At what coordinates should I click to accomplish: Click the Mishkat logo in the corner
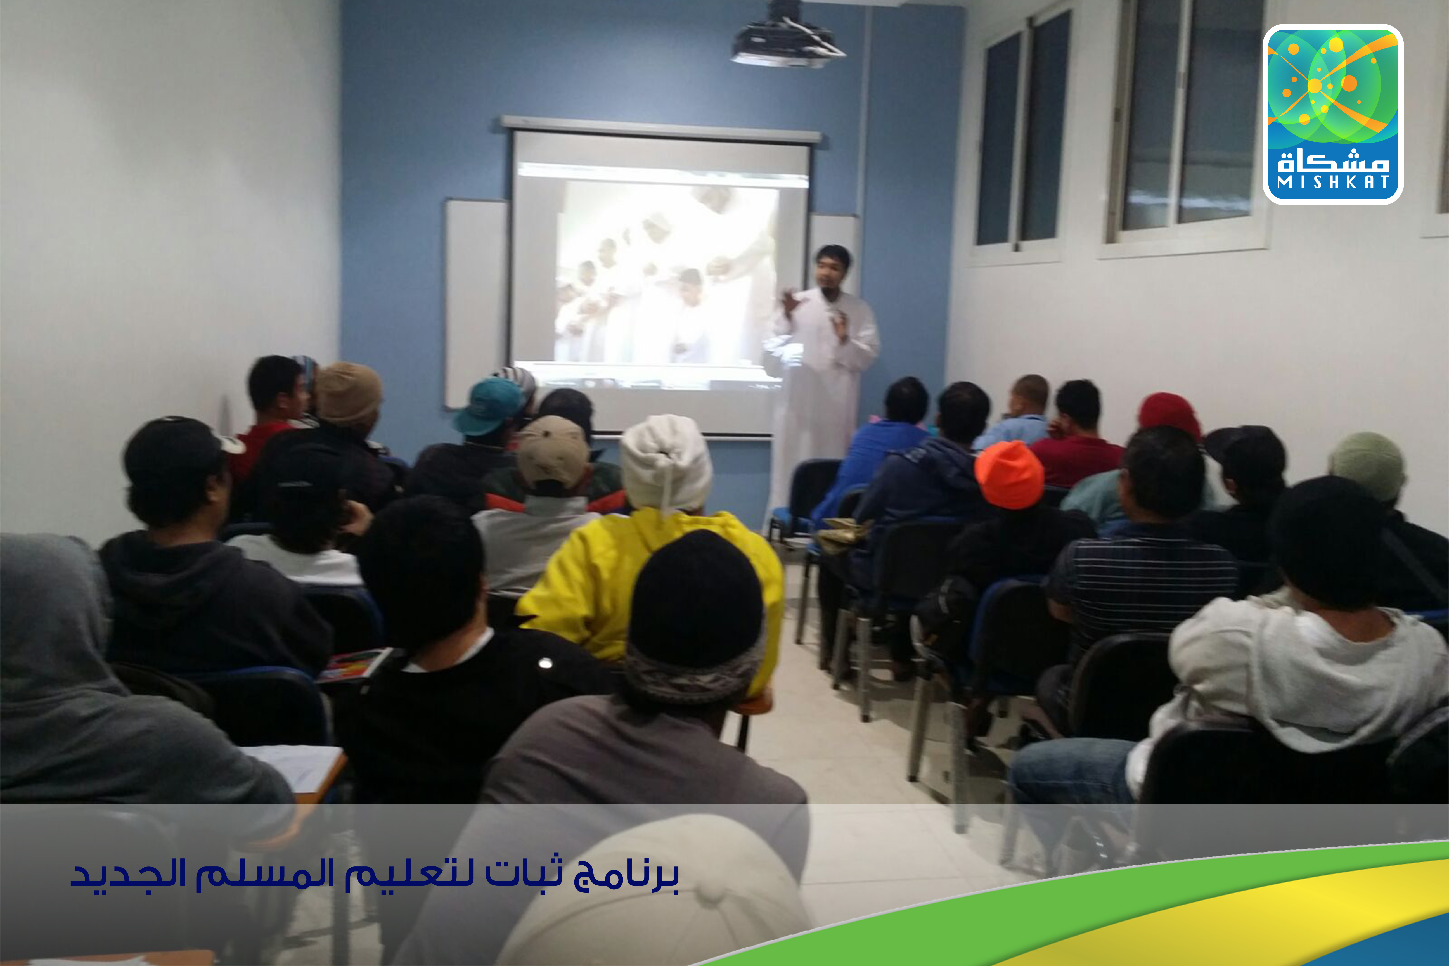[1332, 114]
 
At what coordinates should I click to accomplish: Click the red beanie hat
[1169, 416]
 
